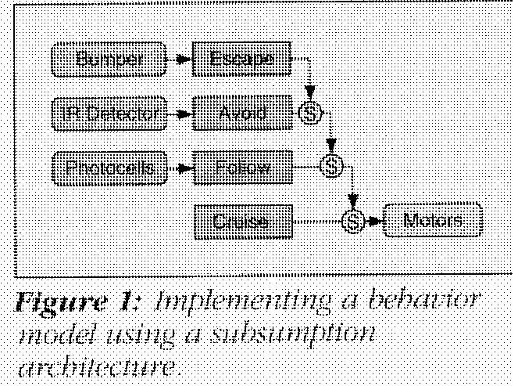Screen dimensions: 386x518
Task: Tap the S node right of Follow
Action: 332,167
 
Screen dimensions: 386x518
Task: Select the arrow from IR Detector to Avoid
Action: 181,114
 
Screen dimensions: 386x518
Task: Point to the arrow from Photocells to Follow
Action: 181,167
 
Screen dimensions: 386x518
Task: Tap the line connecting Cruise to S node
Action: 316,220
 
